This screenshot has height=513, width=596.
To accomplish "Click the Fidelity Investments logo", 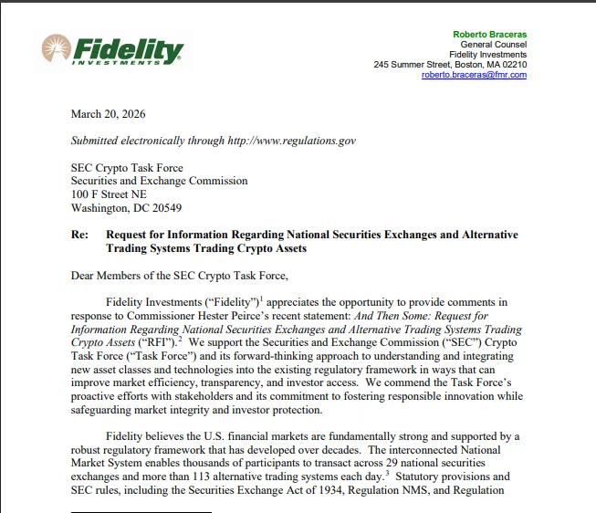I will coord(112,50).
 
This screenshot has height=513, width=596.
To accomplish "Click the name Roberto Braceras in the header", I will coord(489,35).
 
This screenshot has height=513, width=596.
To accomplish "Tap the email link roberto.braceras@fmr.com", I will coord(474,75).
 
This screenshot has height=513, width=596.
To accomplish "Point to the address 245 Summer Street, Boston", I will coord(450,65).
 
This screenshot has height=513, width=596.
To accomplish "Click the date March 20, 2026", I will coord(108,114).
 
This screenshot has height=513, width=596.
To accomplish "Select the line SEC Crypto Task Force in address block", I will coord(127,168).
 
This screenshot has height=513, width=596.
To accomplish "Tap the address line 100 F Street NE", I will coord(109,194).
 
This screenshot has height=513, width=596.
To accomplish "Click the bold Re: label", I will coord(79,235).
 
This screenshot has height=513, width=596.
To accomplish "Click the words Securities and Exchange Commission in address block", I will coord(160,181).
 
